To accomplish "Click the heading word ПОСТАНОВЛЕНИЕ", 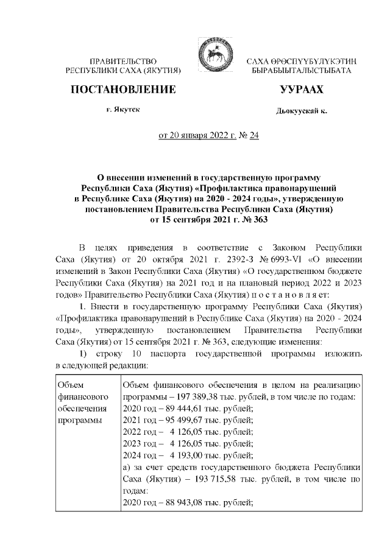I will [x=124, y=90].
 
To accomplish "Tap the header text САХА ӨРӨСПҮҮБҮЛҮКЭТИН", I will [x=301, y=62].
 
